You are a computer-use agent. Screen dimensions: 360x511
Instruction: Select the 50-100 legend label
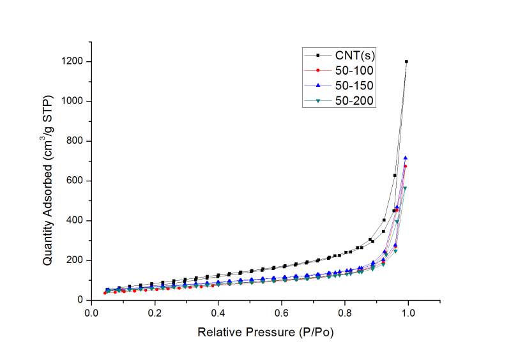point(353,70)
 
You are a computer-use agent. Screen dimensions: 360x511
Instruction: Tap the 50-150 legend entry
point(353,85)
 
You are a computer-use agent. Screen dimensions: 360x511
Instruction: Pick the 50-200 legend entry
point(353,100)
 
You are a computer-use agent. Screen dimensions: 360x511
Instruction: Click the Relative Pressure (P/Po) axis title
point(265,333)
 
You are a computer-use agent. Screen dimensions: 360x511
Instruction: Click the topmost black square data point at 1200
point(406,62)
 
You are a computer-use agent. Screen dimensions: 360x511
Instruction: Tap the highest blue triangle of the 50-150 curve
point(405,158)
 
